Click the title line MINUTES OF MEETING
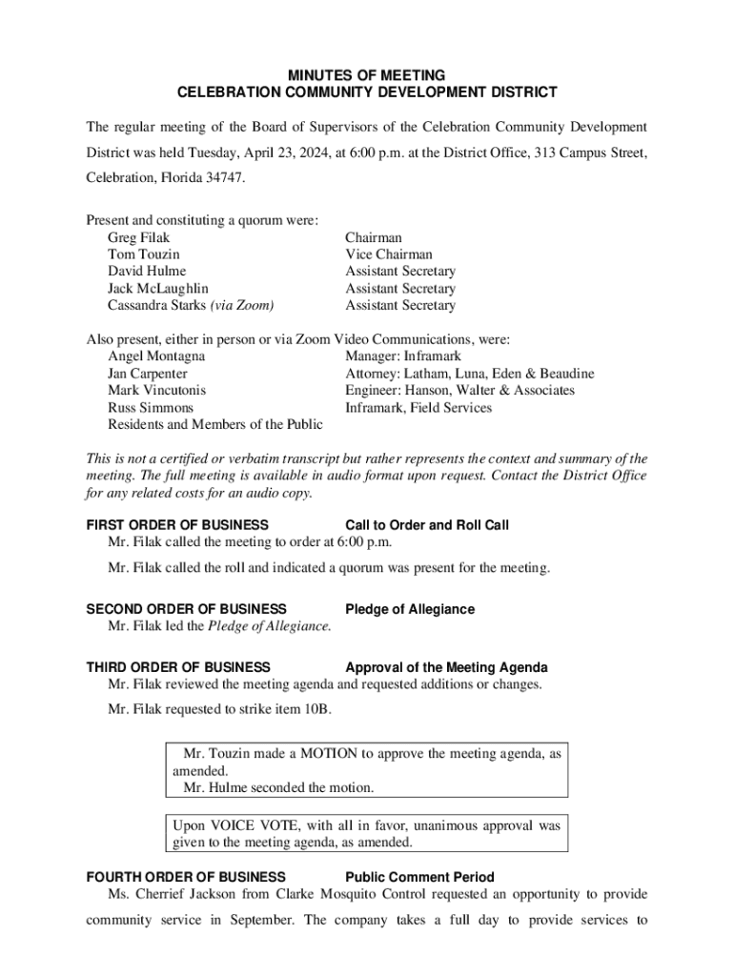(367, 75)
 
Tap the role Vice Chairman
(388, 254)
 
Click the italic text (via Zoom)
(242, 306)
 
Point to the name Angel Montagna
(156, 356)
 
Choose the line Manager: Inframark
(402, 356)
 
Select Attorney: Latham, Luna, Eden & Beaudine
(469, 374)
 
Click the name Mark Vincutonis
(156, 391)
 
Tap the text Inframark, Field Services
(418, 408)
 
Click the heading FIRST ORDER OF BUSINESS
(177, 525)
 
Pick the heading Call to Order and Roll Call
(427, 525)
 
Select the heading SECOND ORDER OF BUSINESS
(186, 609)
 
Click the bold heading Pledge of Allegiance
(410, 609)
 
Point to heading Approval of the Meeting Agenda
(446, 668)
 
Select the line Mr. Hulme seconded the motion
(278, 788)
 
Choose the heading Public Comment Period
(419, 877)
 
